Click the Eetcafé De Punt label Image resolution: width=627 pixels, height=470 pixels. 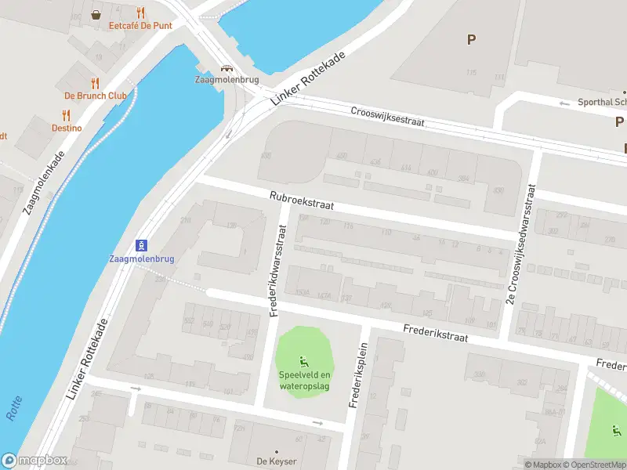140,25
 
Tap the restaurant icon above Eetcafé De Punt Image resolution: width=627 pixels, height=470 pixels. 140,13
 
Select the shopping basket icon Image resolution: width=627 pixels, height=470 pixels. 96,13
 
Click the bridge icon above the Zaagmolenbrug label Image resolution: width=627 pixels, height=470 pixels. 227,69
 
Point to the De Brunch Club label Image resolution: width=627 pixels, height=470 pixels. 96,96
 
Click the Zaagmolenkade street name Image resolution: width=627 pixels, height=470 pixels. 44,185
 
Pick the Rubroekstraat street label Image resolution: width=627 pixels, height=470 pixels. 302,201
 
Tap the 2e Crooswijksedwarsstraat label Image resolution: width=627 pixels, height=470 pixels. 523,244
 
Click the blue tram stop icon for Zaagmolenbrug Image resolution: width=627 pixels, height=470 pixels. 142,245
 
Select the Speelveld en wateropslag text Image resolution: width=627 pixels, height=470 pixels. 304,379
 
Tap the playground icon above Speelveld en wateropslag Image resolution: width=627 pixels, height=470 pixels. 304,361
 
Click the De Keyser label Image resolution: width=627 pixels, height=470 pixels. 276,461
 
